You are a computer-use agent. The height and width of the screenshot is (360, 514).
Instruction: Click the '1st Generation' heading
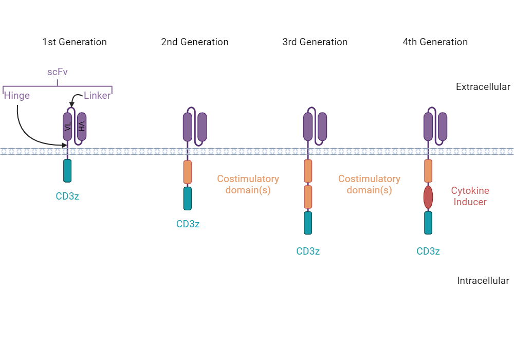click(75, 42)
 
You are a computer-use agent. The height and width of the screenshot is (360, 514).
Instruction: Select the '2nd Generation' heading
click(195, 42)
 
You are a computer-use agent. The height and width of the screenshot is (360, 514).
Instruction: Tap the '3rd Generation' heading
click(315, 42)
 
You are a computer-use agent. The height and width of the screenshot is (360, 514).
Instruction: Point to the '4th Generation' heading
click(435, 42)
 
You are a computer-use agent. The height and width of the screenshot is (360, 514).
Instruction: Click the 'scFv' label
click(58, 72)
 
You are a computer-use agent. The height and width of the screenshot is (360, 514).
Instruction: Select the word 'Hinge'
click(17, 96)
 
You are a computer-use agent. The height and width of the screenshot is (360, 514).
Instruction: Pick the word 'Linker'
click(97, 96)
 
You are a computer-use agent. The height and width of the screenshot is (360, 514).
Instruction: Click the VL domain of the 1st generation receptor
click(67, 127)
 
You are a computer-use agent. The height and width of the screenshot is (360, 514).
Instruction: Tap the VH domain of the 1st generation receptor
click(82, 127)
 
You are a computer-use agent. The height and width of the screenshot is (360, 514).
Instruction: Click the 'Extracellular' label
click(483, 87)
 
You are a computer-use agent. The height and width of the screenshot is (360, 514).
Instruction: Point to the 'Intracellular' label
click(483, 281)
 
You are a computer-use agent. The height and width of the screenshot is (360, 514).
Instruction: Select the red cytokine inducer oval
click(428, 197)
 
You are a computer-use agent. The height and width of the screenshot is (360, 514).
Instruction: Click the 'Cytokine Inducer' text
click(470, 196)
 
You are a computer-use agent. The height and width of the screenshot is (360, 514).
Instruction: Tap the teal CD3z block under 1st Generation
click(67, 171)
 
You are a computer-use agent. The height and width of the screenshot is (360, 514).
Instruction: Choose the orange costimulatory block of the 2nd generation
click(188, 172)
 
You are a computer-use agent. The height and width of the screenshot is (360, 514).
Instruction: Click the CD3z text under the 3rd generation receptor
click(308, 251)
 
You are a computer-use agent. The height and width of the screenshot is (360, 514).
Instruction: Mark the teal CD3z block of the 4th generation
click(428, 223)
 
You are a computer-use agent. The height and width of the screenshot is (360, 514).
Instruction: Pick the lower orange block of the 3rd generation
click(308, 197)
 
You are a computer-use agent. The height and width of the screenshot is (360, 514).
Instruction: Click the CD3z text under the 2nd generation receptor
click(188, 224)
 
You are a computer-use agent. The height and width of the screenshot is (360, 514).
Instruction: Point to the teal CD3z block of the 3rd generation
click(308, 223)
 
